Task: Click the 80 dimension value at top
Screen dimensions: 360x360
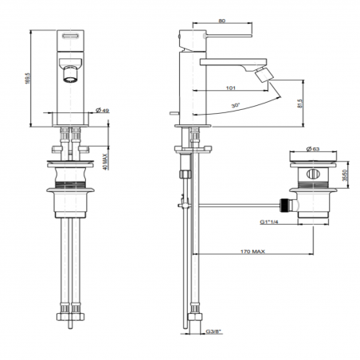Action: click(222, 21)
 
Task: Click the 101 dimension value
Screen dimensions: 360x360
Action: click(231, 88)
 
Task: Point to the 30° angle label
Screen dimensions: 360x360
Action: click(236, 105)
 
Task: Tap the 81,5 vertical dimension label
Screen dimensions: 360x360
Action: click(300, 104)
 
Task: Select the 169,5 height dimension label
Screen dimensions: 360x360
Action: click(28, 79)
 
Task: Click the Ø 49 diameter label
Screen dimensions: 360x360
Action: click(102, 110)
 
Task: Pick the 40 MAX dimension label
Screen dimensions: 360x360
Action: click(105, 162)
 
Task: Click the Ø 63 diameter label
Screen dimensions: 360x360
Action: click(313, 149)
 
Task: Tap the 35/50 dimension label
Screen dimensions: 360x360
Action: click(345, 175)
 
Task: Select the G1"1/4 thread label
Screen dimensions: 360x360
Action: click(268, 221)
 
